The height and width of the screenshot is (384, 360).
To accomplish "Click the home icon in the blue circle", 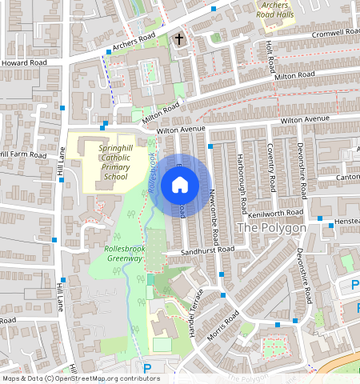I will tap(180, 186).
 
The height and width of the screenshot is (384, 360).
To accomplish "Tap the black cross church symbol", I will tap(179, 38).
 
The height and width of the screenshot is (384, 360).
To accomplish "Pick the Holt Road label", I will tap(270, 54).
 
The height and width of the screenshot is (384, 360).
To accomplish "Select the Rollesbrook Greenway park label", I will tap(124, 254).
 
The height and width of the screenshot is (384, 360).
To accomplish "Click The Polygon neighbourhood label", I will tap(272, 228).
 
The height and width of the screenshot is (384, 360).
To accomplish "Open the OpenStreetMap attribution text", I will tap(80, 378).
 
